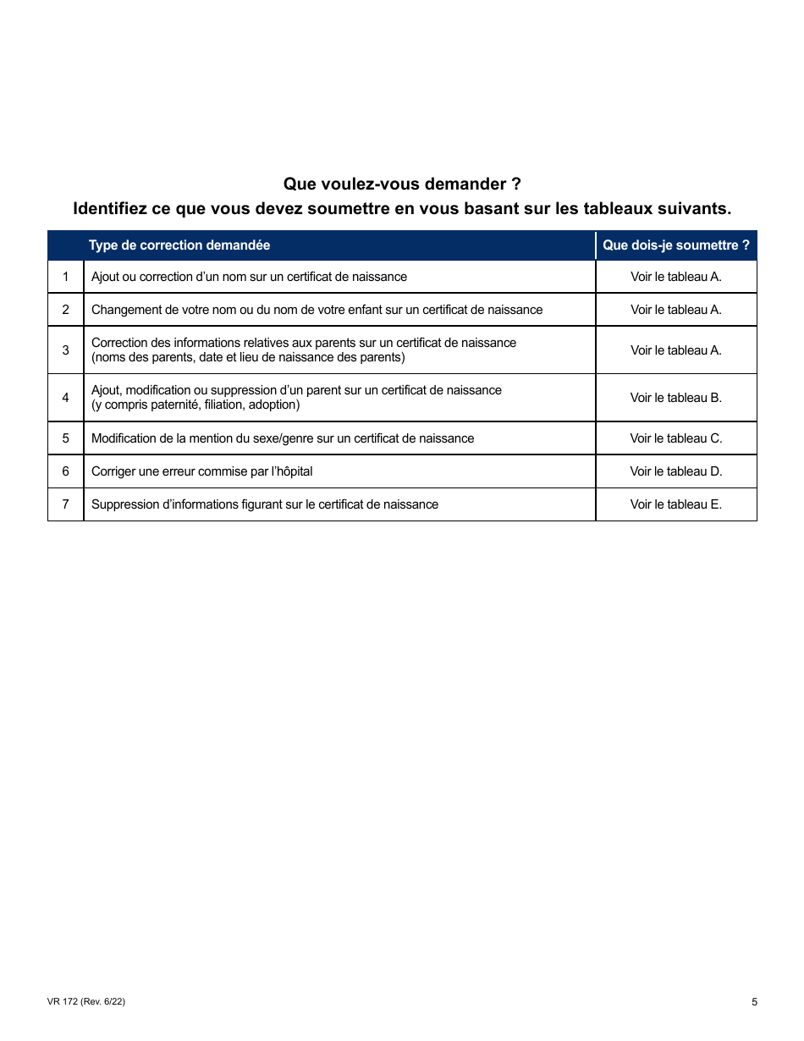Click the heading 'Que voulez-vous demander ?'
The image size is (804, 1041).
coord(402,184)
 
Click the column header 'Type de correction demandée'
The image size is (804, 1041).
coord(179,245)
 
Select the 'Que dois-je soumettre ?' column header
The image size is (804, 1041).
coord(675,245)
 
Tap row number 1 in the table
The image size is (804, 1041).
coord(66,277)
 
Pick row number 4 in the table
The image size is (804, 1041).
coord(66,398)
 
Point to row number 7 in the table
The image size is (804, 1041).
coord(66,504)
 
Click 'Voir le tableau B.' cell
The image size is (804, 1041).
coord(675,398)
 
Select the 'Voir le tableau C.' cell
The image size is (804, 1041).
coord(675,438)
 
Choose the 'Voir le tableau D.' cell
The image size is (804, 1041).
coord(675,471)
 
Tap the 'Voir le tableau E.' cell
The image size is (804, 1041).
coord(675,504)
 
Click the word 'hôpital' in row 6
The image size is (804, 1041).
coord(291,471)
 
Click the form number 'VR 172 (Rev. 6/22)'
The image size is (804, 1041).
coord(86,1002)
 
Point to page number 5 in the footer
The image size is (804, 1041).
coord(754,1003)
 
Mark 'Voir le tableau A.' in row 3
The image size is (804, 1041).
coord(675,350)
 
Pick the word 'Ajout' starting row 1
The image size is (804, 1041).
coord(105,277)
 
